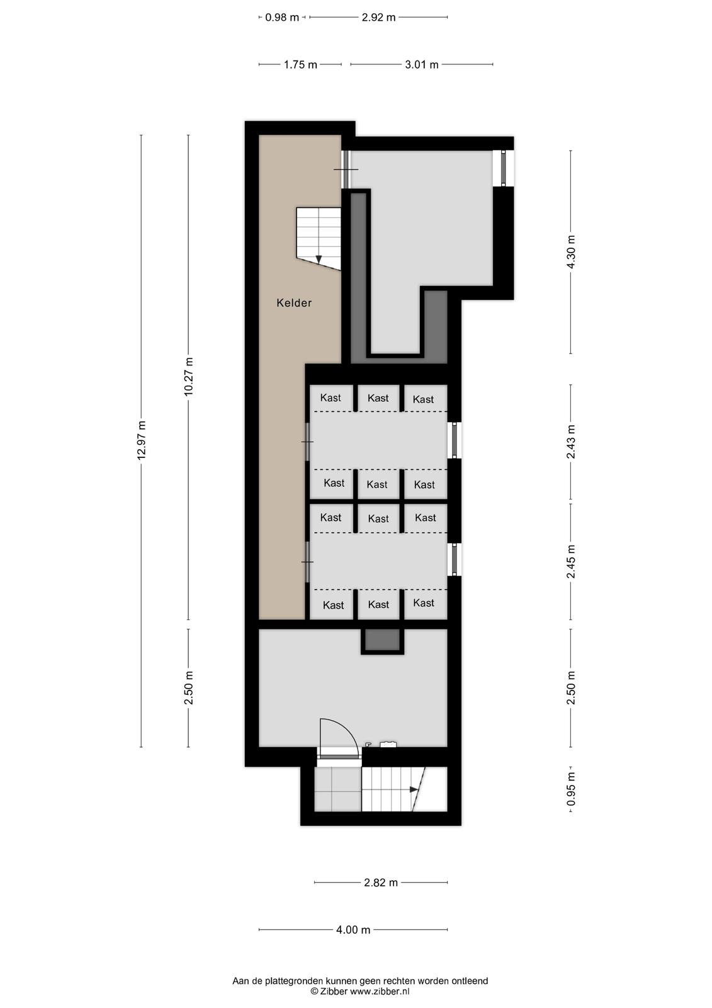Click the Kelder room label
click(294, 303)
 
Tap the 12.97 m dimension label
click(141, 440)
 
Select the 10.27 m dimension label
click(188, 377)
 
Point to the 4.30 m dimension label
click(571, 252)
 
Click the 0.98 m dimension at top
click(282, 18)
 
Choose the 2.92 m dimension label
click(379, 18)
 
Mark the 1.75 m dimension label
click(300, 65)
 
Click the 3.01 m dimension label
click(421, 65)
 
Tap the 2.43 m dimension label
click(571, 442)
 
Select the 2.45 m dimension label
click(571, 562)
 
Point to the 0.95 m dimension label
click(571, 790)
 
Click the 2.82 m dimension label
click(381, 883)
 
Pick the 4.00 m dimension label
click(353, 930)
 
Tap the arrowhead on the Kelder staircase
click(319, 259)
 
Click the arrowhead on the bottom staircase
click(414, 789)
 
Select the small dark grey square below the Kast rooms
click(382, 639)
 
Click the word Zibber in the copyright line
click(333, 992)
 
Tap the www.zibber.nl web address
click(380, 992)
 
